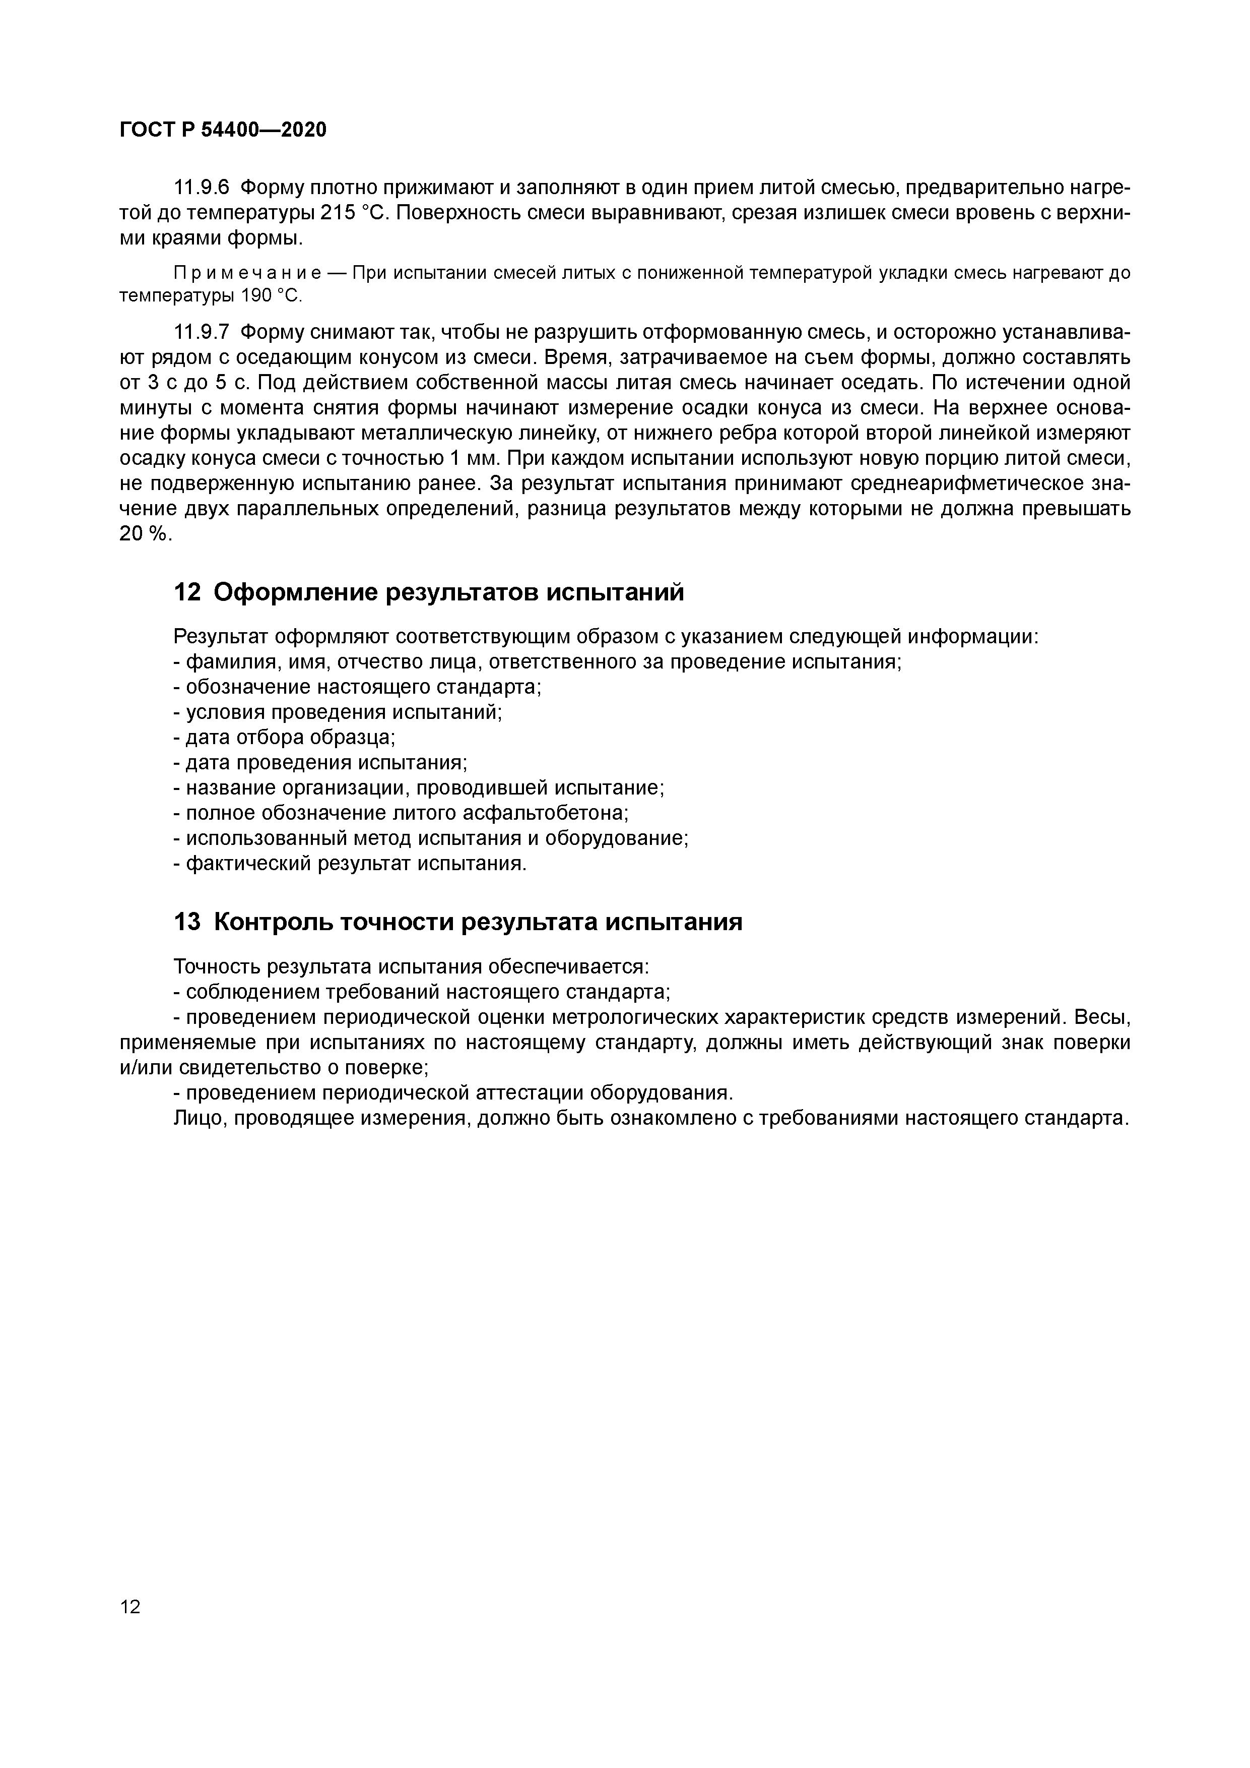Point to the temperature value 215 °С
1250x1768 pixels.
point(356,213)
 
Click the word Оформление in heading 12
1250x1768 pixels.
point(296,592)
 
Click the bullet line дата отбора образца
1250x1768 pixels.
point(285,737)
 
